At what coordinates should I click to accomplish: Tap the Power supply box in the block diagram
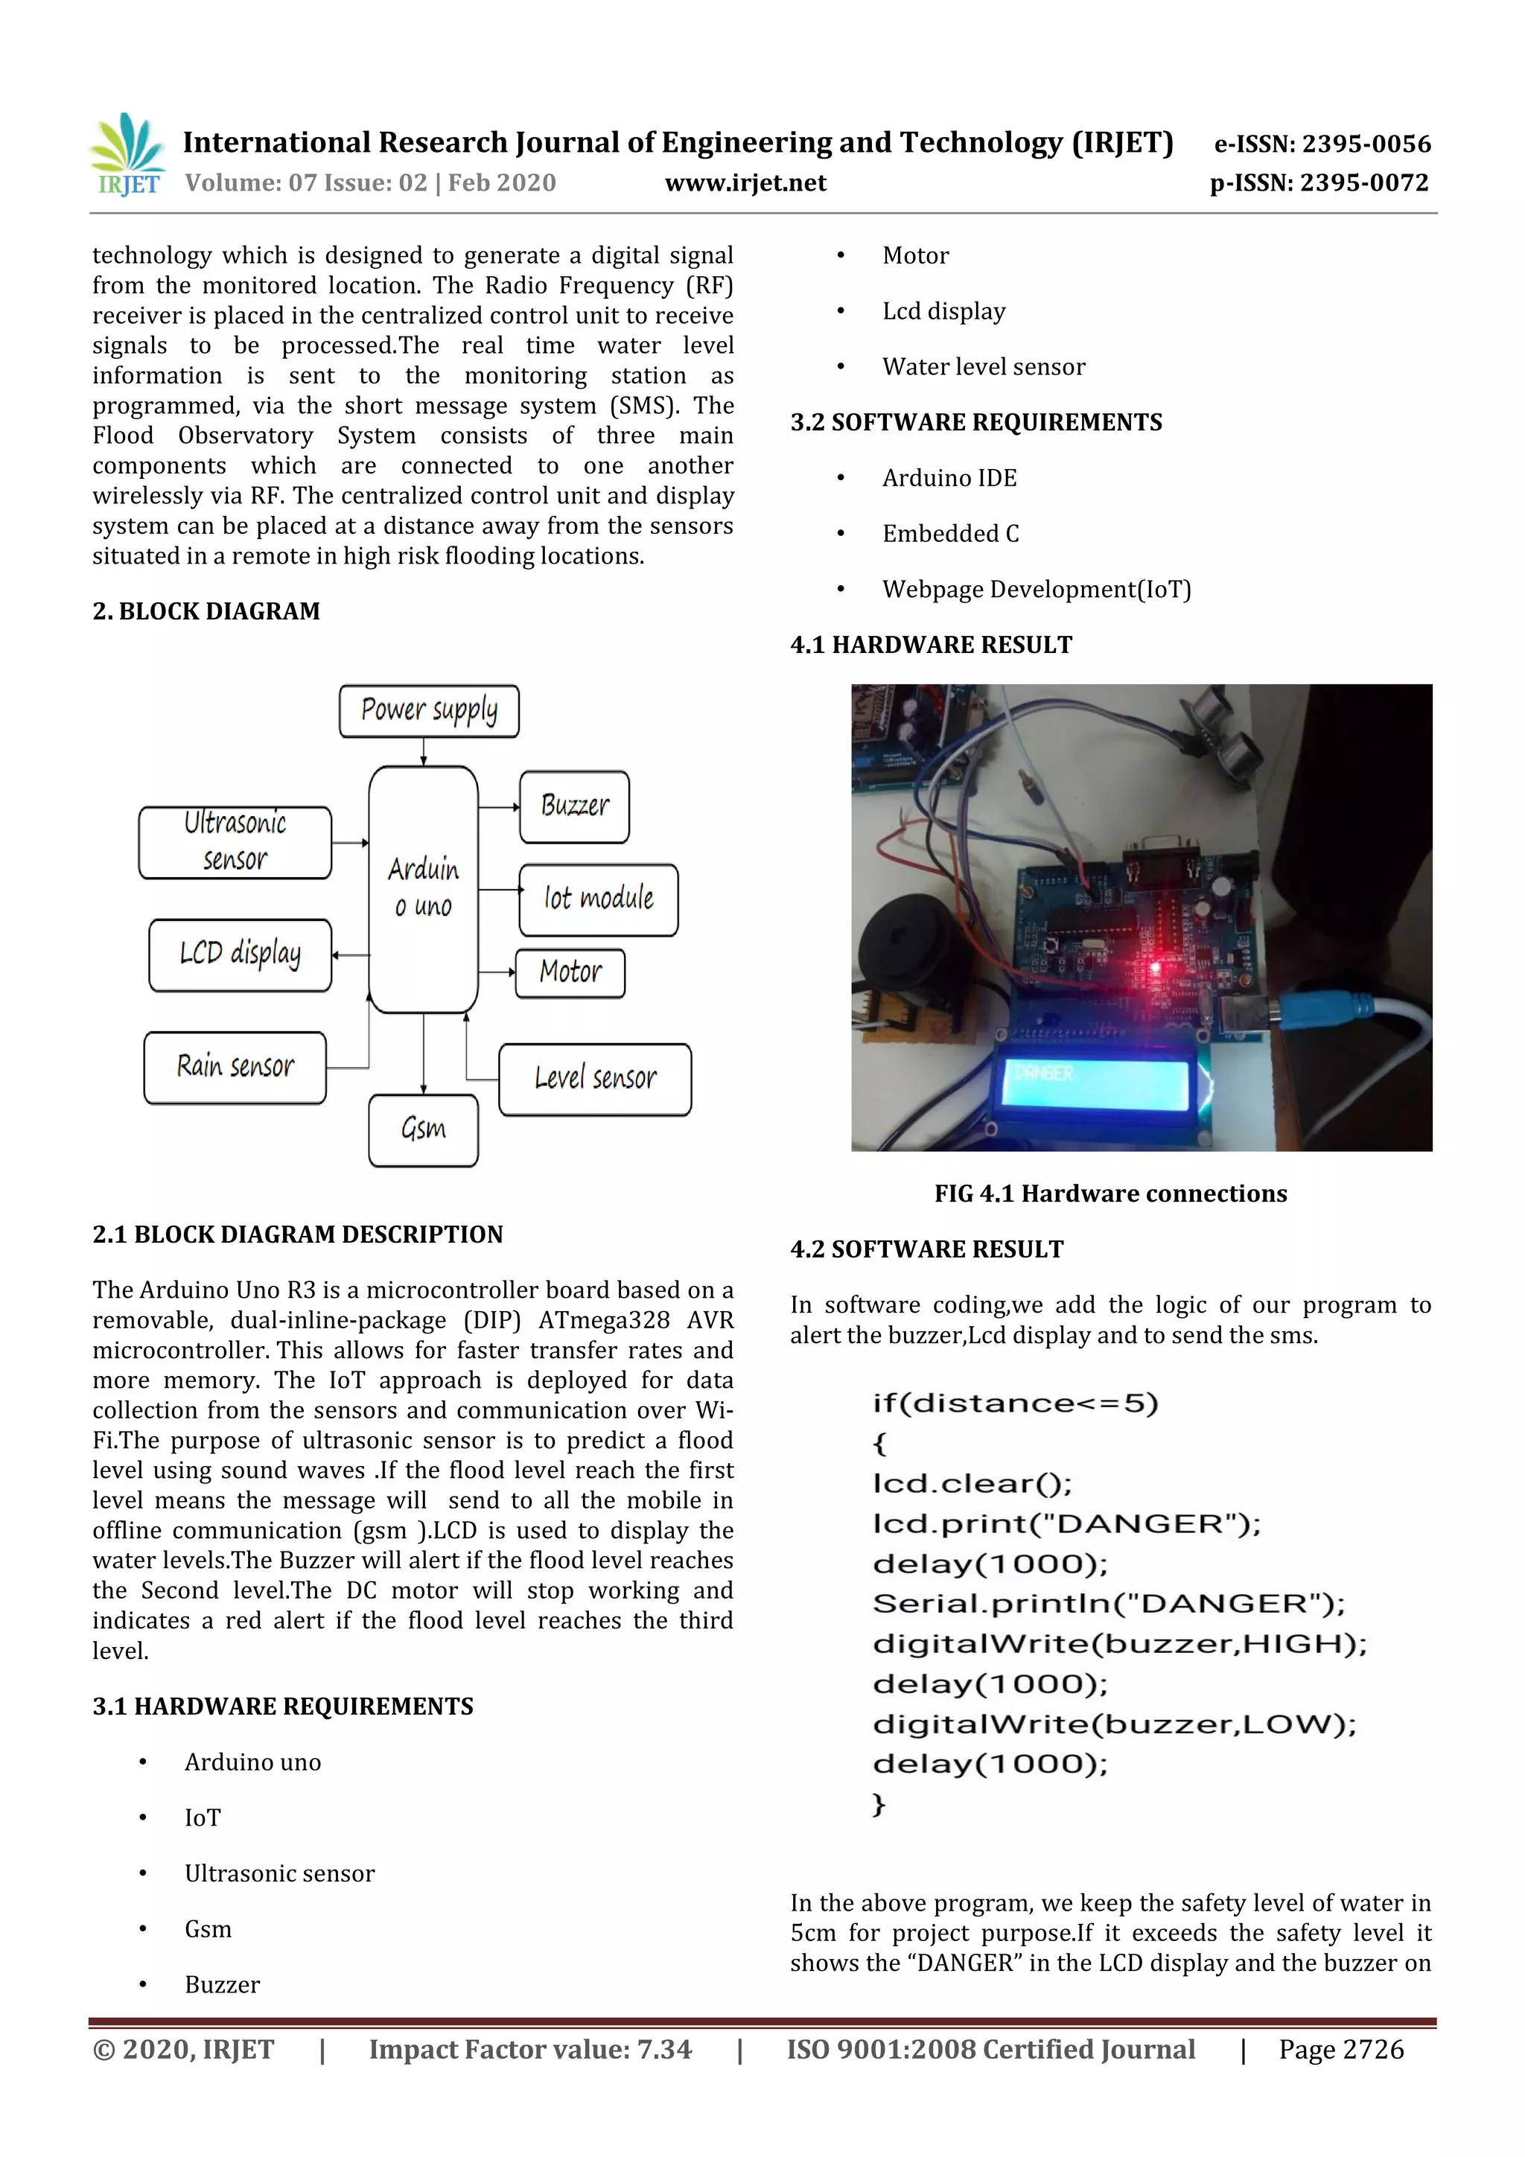[x=428, y=711]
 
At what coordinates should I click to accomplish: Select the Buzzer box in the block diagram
[x=574, y=806]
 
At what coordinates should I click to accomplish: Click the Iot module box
[x=599, y=899]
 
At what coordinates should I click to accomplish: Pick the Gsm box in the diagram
[x=423, y=1130]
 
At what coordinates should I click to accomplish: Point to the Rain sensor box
[x=235, y=1067]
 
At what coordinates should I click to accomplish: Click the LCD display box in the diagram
[x=240, y=955]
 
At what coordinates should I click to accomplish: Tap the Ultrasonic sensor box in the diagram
[x=235, y=842]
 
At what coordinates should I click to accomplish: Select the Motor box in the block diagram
[x=570, y=972]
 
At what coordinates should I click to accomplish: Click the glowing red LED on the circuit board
[x=1156, y=968]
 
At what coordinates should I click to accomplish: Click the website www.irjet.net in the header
[x=745, y=183]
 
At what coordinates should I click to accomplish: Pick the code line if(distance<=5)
[x=1015, y=1404]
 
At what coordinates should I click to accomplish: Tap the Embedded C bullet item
[x=950, y=534]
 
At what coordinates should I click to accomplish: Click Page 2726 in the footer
[x=1341, y=2049]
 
